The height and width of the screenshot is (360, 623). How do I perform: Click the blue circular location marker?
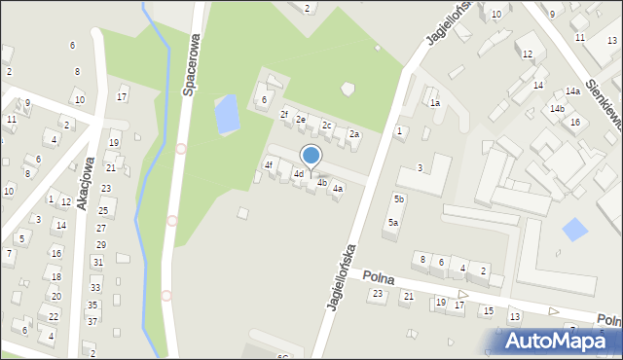pyautogui.click(x=311, y=156)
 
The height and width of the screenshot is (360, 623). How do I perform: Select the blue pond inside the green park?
pyautogui.click(x=226, y=114)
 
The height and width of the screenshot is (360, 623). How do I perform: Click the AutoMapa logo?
pyautogui.click(x=555, y=341)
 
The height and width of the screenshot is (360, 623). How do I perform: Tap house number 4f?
pyautogui.click(x=270, y=164)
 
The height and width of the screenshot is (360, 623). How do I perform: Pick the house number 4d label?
pyautogui.click(x=299, y=174)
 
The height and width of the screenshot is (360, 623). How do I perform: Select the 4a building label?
pyautogui.click(x=338, y=188)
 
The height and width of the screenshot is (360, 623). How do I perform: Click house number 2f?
pyautogui.click(x=285, y=115)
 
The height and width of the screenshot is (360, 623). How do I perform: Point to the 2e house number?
pyautogui.click(x=302, y=120)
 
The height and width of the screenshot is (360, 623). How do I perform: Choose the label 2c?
pyautogui.click(x=328, y=126)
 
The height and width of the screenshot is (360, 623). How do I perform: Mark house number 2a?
pyautogui.click(x=354, y=134)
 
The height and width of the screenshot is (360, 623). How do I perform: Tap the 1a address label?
pyautogui.click(x=435, y=102)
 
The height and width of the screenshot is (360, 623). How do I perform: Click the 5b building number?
pyautogui.click(x=399, y=198)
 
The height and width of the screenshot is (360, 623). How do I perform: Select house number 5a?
pyautogui.click(x=393, y=222)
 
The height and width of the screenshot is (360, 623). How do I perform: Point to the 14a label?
pyautogui.click(x=573, y=91)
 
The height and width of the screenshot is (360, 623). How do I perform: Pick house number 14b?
pyautogui.click(x=557, y=108)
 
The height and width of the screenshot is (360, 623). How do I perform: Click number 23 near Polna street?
pyautogui.click(x=378, y=293)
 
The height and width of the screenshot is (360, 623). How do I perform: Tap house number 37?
pyautogui.click(x=92, y=320)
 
